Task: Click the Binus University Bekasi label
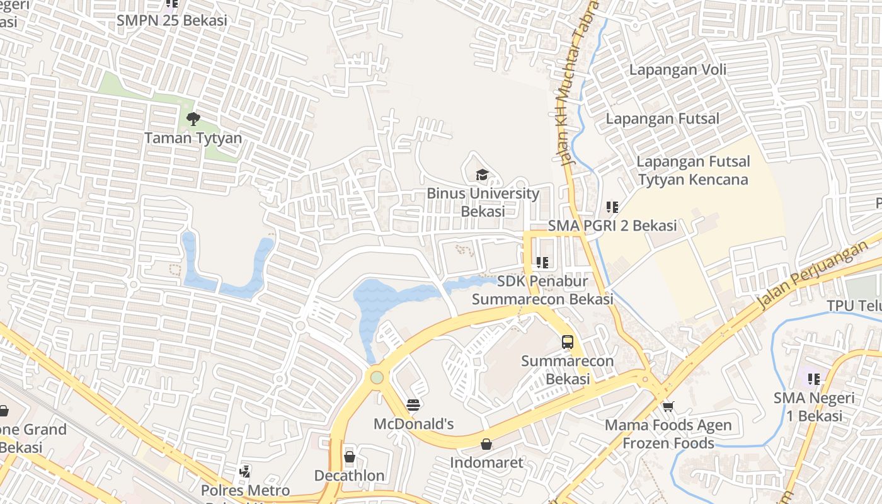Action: coord(483,202)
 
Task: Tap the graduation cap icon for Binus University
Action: coord(482,175)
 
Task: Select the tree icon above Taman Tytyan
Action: coord(193,118)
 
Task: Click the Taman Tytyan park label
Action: coord(193,137)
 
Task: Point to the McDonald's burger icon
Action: coord(413,405)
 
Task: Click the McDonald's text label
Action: coord(413,424)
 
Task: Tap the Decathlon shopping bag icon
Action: coord(350,457)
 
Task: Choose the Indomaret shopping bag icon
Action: coord(486,444)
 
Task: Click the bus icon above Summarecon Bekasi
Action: coord(568,342)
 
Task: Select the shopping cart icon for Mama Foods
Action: coord(668,406)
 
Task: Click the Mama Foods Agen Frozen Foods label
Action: coord(668,434)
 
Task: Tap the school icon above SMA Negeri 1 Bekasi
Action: coord(814,379)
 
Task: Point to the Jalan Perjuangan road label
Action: coord(812,275)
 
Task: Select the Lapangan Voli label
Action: coord(677,69)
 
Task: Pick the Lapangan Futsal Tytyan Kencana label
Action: coord(693,171)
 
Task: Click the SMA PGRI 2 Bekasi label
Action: coord(612,226)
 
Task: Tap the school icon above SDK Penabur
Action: coord(542,262)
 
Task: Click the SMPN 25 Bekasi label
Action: coord(171,20)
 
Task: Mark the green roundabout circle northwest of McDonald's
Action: coord(377,377)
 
